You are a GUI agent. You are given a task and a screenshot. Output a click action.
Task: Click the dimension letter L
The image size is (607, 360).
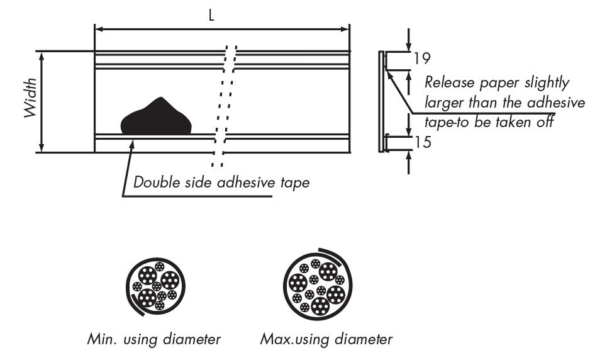(x=211, y=16)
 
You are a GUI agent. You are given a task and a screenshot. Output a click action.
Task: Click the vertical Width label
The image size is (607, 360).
(x=30, y=98)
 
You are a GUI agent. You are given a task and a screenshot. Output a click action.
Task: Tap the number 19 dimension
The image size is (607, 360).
(x=422, y=59)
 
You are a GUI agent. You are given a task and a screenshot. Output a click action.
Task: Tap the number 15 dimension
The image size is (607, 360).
(x=423, y=142)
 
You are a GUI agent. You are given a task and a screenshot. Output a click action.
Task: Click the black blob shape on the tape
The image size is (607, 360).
(x=157, y=118)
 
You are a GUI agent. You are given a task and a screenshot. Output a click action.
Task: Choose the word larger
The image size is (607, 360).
(x=445, y=103)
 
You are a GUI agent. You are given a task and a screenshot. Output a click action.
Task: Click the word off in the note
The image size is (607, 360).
(x=545, y=122)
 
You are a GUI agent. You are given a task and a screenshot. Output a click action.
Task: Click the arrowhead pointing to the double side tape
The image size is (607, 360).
(x=131, y=143)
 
